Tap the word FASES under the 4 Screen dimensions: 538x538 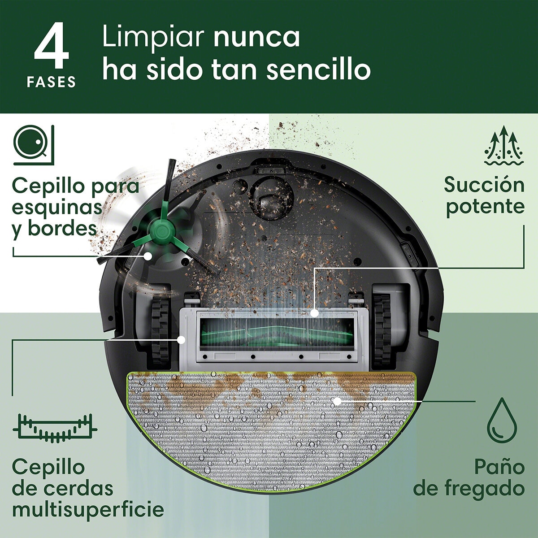(51, 82)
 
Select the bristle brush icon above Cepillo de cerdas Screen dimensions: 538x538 (55, 429)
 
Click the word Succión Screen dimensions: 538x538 (484, 185)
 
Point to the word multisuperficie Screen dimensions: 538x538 (88, 509)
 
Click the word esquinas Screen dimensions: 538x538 (57, 207)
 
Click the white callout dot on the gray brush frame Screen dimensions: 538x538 (181, 340)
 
